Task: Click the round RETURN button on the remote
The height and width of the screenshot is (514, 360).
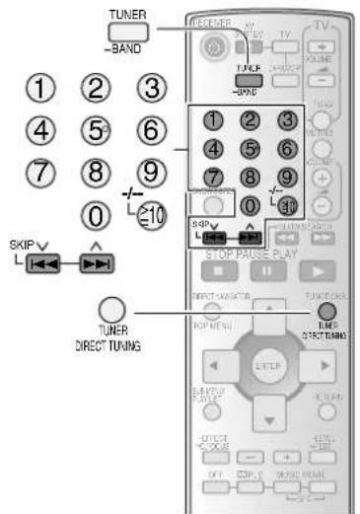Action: (326, 401)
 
